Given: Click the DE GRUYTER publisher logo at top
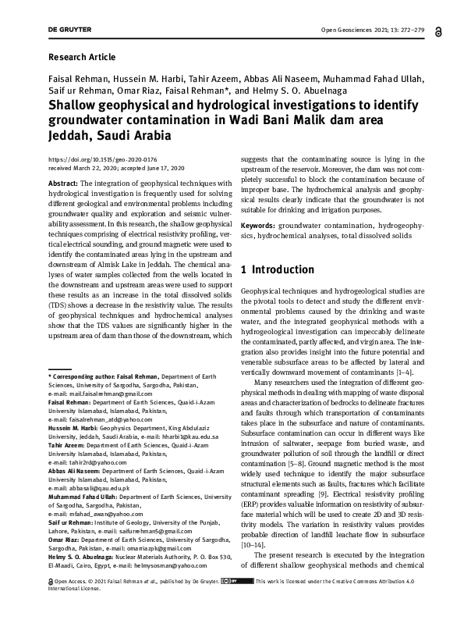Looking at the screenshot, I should (69, 30).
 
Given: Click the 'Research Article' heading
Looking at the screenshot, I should (82, 57).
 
